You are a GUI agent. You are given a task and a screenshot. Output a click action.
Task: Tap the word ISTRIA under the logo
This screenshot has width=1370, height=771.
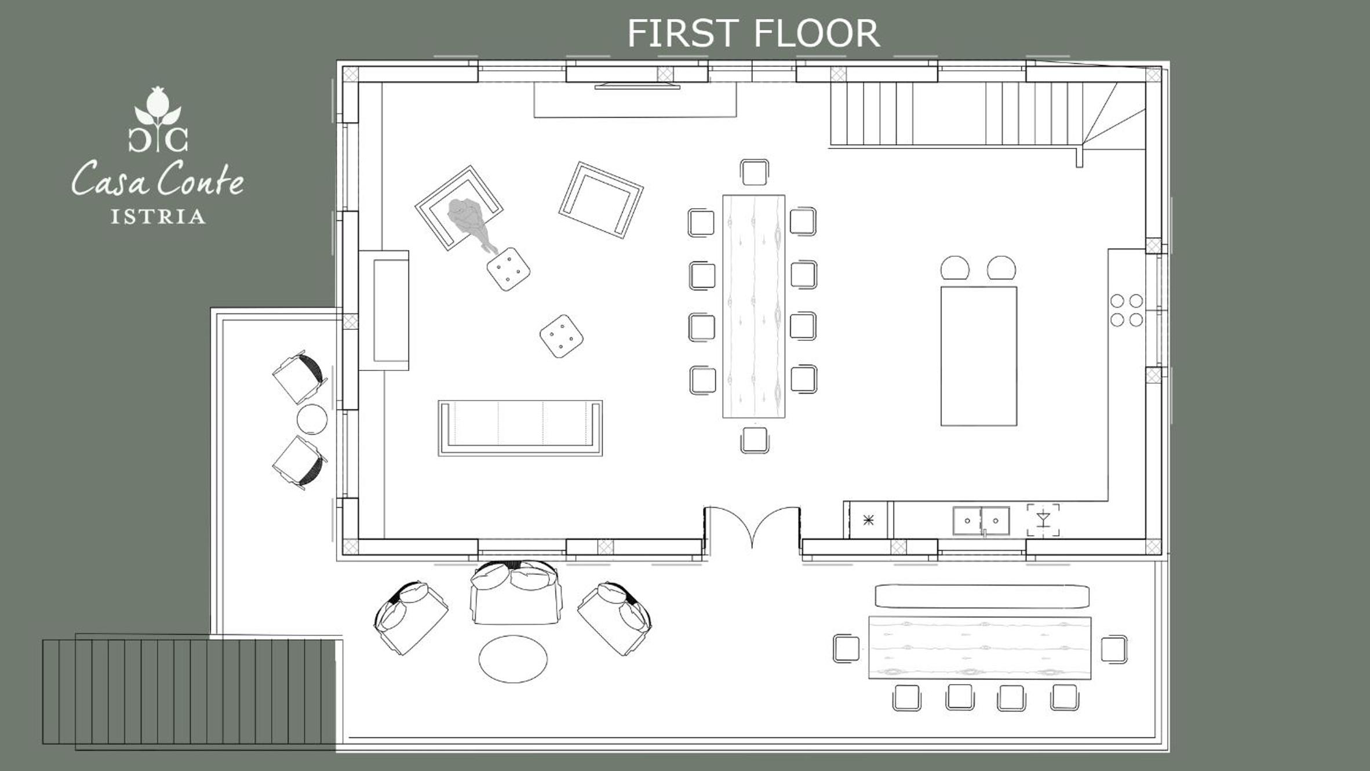click(158, 217)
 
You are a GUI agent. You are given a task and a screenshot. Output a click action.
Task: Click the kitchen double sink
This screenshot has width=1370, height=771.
click(981, 521)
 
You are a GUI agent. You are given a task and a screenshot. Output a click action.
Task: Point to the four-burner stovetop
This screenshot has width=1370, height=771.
click(1127, 310)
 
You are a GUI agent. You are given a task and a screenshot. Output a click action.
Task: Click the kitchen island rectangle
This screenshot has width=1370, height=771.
click(978, 356)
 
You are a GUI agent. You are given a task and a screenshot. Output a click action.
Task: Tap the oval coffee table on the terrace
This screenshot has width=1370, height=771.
click(513, 659)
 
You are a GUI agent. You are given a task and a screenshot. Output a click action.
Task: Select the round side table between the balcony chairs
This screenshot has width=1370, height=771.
click(312, 419)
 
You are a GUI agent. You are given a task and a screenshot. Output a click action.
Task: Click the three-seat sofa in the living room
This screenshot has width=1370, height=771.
click(520, 428)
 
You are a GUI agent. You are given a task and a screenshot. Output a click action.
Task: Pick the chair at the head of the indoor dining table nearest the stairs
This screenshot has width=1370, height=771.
click(755, 172)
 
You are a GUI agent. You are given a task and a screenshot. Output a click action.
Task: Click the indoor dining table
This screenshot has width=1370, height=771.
click(753, 306)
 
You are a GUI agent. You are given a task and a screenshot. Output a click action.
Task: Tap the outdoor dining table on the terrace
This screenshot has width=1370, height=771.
click(979, 648)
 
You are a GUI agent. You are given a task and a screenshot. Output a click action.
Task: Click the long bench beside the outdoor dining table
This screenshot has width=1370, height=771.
click(982, 597)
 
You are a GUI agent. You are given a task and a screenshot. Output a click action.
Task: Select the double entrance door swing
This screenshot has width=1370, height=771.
click(752, 525)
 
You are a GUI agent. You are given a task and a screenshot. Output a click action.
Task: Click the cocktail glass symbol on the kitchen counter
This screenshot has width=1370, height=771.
click(1043, 519)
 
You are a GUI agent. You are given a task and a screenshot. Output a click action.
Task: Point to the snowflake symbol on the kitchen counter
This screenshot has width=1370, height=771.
click(868, 520)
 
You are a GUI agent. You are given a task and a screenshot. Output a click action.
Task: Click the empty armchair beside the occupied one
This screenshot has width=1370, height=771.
click(601, 200)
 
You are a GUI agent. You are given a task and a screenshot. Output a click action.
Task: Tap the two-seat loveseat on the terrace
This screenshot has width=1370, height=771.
click(516, 591)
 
